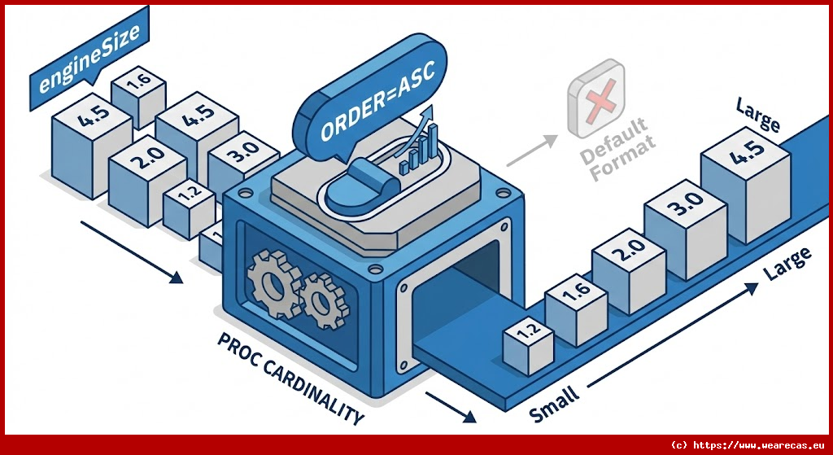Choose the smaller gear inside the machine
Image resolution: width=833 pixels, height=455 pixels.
point(323,300)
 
